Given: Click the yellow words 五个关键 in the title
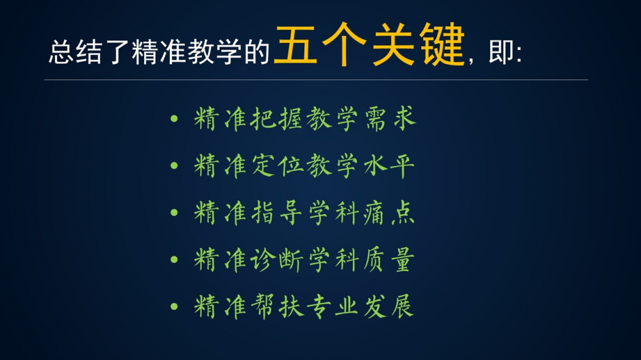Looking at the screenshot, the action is (370, 45).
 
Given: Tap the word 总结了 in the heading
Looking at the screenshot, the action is (88, 52).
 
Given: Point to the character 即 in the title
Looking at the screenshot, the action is (501, 51).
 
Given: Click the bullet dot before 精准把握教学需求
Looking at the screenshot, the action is (174, 119).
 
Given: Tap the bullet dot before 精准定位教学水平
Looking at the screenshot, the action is (174, 165).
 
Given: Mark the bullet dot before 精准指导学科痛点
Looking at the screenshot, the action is (174, 213).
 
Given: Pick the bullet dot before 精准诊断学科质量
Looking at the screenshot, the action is (174, 259).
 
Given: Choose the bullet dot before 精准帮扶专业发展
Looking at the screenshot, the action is (174, 306).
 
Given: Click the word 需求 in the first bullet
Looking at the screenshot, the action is (390, 119).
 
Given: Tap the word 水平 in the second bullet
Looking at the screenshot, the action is (389, 166).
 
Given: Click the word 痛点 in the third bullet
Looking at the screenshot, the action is (389, 213).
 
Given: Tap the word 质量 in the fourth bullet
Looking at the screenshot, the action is (389, 260).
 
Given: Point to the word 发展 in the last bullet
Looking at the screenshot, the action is (389, 306).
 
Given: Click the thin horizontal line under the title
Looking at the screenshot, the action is (316, 79).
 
